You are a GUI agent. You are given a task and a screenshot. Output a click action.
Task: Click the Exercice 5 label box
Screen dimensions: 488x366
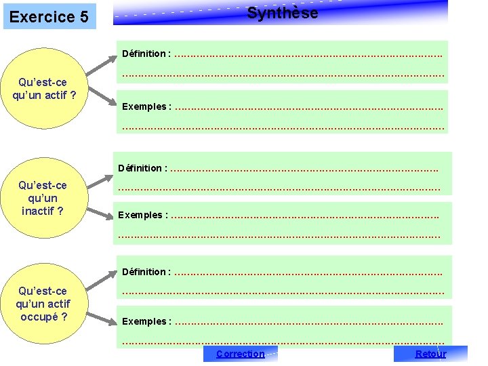pyautogui.click(x=49, y=16)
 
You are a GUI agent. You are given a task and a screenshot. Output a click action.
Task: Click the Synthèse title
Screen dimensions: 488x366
pyautogui.click(x=282, y=13)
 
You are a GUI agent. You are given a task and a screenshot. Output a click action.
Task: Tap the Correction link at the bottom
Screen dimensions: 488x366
pyautogui.click(x=240, y=354)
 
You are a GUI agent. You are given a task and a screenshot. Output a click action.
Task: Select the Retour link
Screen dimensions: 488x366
pyautogui.click(x=430, y=354)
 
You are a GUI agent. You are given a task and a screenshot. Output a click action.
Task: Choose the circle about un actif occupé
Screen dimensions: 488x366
pyautogui.click(x=43, y=304)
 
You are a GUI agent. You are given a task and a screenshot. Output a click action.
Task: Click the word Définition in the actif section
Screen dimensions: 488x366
pyautogui.click(x=144, y=54)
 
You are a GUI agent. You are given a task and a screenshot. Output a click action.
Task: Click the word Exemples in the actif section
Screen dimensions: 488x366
pyautogui.click(x=144, y=106)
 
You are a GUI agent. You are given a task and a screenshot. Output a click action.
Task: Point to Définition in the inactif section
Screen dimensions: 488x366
pyautogui.click(x=140, y=168)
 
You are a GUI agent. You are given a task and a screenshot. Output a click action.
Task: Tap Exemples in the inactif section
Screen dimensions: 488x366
pyautogui.click(x=140, y=215)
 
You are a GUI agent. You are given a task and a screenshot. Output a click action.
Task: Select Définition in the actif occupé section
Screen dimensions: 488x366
pyautogui.click(x=144, y=272)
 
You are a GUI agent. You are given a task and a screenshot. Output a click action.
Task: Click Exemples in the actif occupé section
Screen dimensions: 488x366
pyautogui.click(x=144, y=321)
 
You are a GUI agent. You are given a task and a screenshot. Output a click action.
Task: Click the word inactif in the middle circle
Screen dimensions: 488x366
pyautogui.click(x=42, y=211)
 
